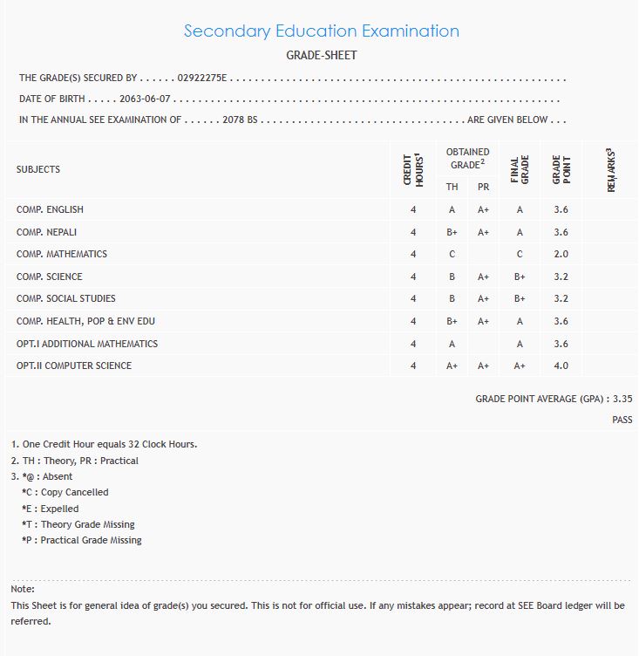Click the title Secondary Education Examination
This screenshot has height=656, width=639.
point(321,31)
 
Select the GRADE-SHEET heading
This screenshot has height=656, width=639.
point(321,55)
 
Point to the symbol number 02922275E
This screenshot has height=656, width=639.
point(201,78)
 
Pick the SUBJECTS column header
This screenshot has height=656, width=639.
point(38,169)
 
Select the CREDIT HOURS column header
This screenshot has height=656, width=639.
point(412,169)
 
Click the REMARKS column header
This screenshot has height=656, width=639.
point(610,169)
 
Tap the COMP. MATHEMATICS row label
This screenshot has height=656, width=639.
point(62,254)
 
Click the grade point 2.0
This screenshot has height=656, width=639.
point(561,254)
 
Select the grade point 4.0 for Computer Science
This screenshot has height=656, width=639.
point(561,366)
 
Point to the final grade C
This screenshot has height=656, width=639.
point(520,254)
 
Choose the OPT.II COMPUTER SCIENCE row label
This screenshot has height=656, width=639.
point(74,366)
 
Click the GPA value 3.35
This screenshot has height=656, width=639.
point(622,399)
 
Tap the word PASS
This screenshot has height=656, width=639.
point(622,420)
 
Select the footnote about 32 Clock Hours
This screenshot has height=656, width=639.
point(104,444)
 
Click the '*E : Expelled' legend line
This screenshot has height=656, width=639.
point(50,509)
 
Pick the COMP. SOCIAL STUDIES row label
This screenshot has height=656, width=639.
point(66,298)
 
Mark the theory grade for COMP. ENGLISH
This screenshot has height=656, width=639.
point(452,209)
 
